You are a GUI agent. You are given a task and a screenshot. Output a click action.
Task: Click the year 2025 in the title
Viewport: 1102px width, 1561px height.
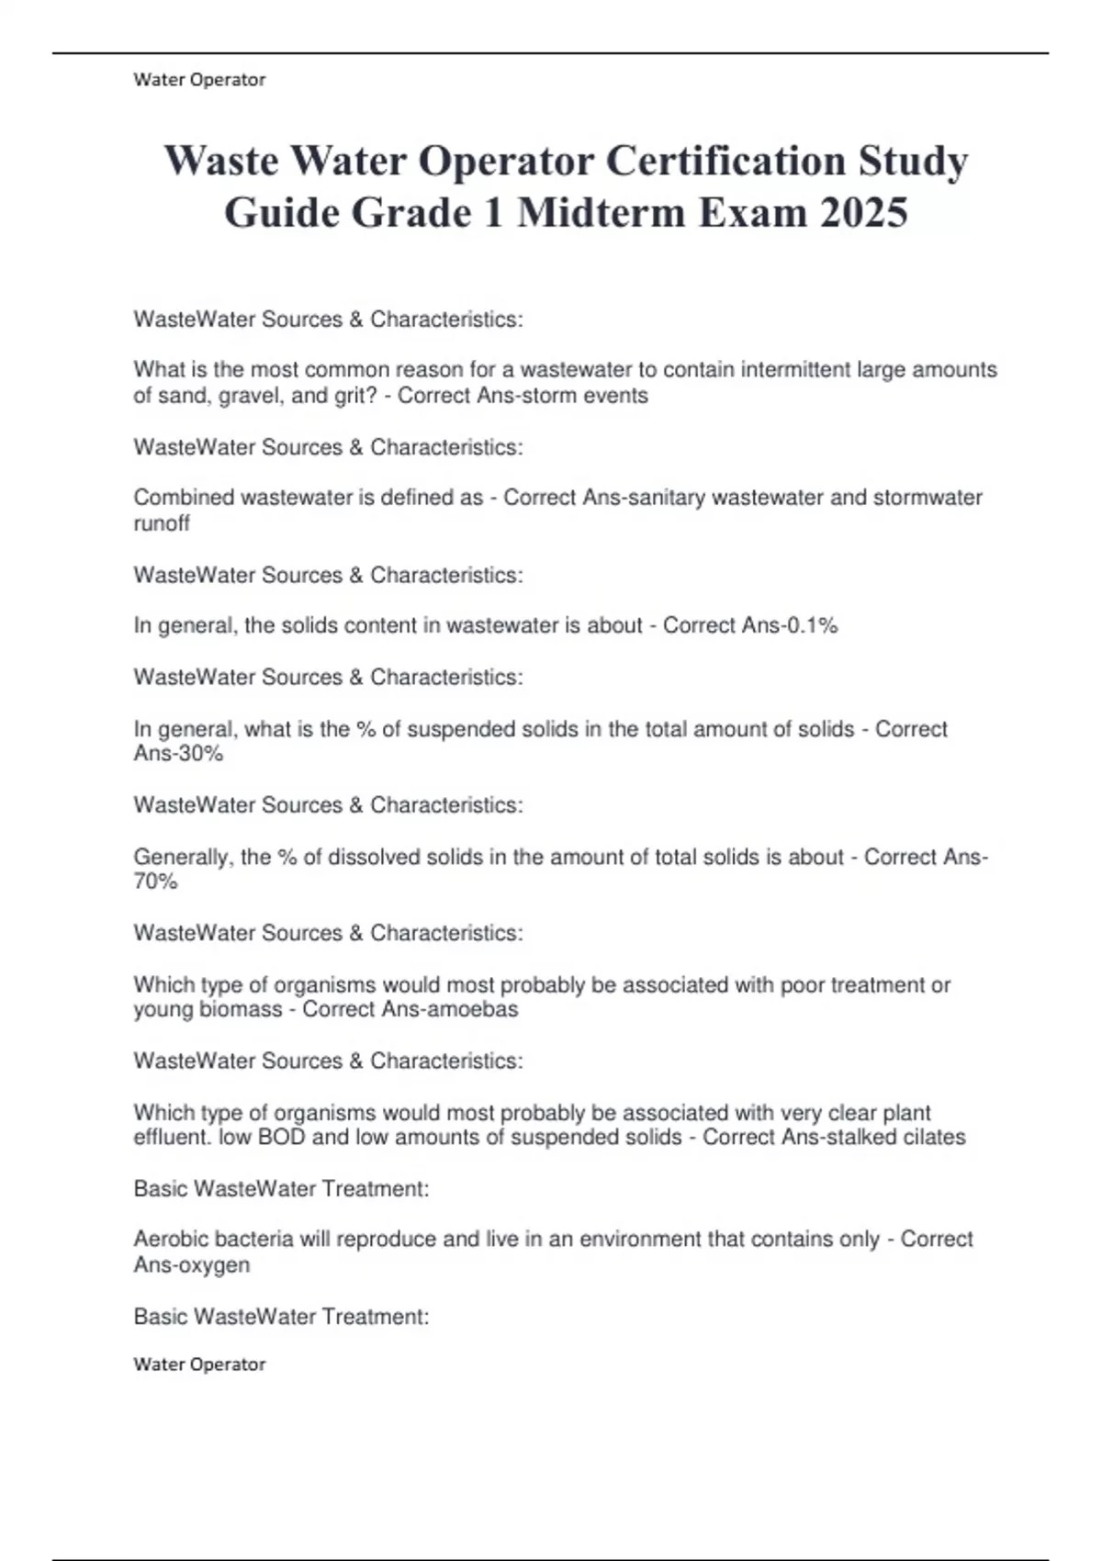click(863, 213)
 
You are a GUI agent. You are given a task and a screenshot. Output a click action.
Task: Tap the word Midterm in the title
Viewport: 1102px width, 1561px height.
click(601, 213)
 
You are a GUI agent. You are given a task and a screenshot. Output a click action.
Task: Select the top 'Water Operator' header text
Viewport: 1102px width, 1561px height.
click(199, 80)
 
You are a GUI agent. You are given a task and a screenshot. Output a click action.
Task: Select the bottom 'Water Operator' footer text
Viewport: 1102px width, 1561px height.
click(199, 1364)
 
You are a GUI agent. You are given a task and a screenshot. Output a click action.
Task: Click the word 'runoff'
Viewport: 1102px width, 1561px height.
click(162, 523)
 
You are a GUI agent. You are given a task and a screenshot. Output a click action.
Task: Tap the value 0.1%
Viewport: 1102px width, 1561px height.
click(813, 625)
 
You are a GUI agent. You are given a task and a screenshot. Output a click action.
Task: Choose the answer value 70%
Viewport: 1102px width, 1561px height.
click(155, 882)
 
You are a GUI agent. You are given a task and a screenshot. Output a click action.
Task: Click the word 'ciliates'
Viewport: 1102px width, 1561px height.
click(930, 1137)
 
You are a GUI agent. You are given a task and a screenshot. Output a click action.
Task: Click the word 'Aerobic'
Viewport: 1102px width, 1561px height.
click(171, 1239)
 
